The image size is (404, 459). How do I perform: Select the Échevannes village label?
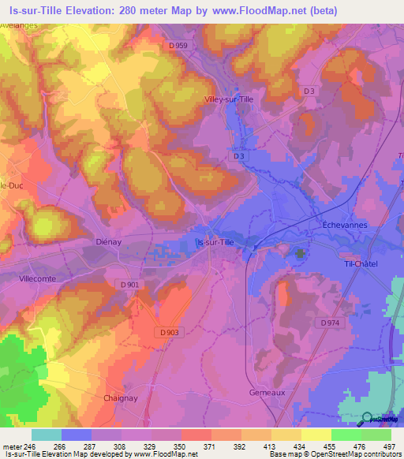coord(346,224)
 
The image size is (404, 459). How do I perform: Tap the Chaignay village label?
coord(121,398)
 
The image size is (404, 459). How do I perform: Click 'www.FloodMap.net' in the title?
coord(256,11)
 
